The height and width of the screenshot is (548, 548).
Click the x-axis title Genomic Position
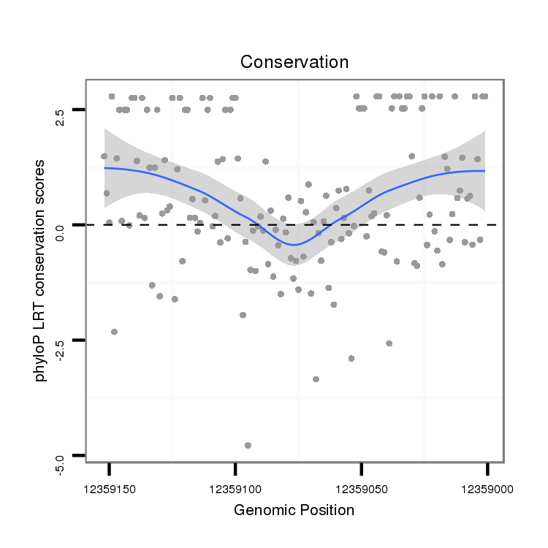(294, 510)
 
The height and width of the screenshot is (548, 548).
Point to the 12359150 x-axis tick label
(109, 487)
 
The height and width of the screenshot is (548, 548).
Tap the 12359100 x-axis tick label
(235, 487)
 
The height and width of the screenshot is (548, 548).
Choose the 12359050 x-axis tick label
(361, 487)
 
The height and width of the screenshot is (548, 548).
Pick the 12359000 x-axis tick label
(487, 487)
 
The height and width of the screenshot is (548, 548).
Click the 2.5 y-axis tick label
(61, 110)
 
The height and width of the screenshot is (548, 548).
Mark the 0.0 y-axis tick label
(61, 225)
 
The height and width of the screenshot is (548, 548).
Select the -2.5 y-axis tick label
(61, 340)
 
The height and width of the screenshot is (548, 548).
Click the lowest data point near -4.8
(248, 445)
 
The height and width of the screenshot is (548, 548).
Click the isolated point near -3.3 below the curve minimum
(316, 378)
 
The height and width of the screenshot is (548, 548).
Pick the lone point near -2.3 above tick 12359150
(114, 332)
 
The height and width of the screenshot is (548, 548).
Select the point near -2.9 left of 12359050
(351, 358)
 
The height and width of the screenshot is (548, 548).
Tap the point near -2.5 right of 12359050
(389, 343)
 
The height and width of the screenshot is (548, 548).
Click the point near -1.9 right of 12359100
(243, 315)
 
